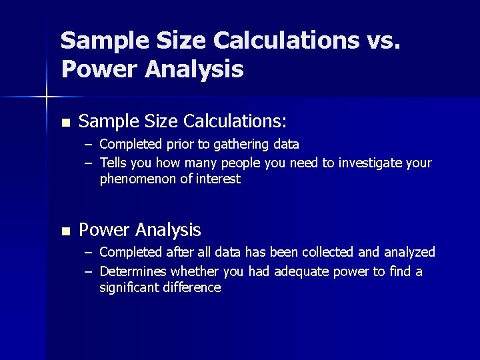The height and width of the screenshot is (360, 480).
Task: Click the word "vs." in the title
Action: (x=383, y=41)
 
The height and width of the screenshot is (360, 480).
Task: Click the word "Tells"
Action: (x=115, y=163)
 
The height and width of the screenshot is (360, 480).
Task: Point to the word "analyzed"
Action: (x=408, y=252)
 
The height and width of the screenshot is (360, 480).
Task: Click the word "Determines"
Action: (x=133, y=271)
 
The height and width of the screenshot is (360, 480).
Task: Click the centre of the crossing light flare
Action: (x=46, y=98)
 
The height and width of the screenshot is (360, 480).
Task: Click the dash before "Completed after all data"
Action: (x=89, y=253)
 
